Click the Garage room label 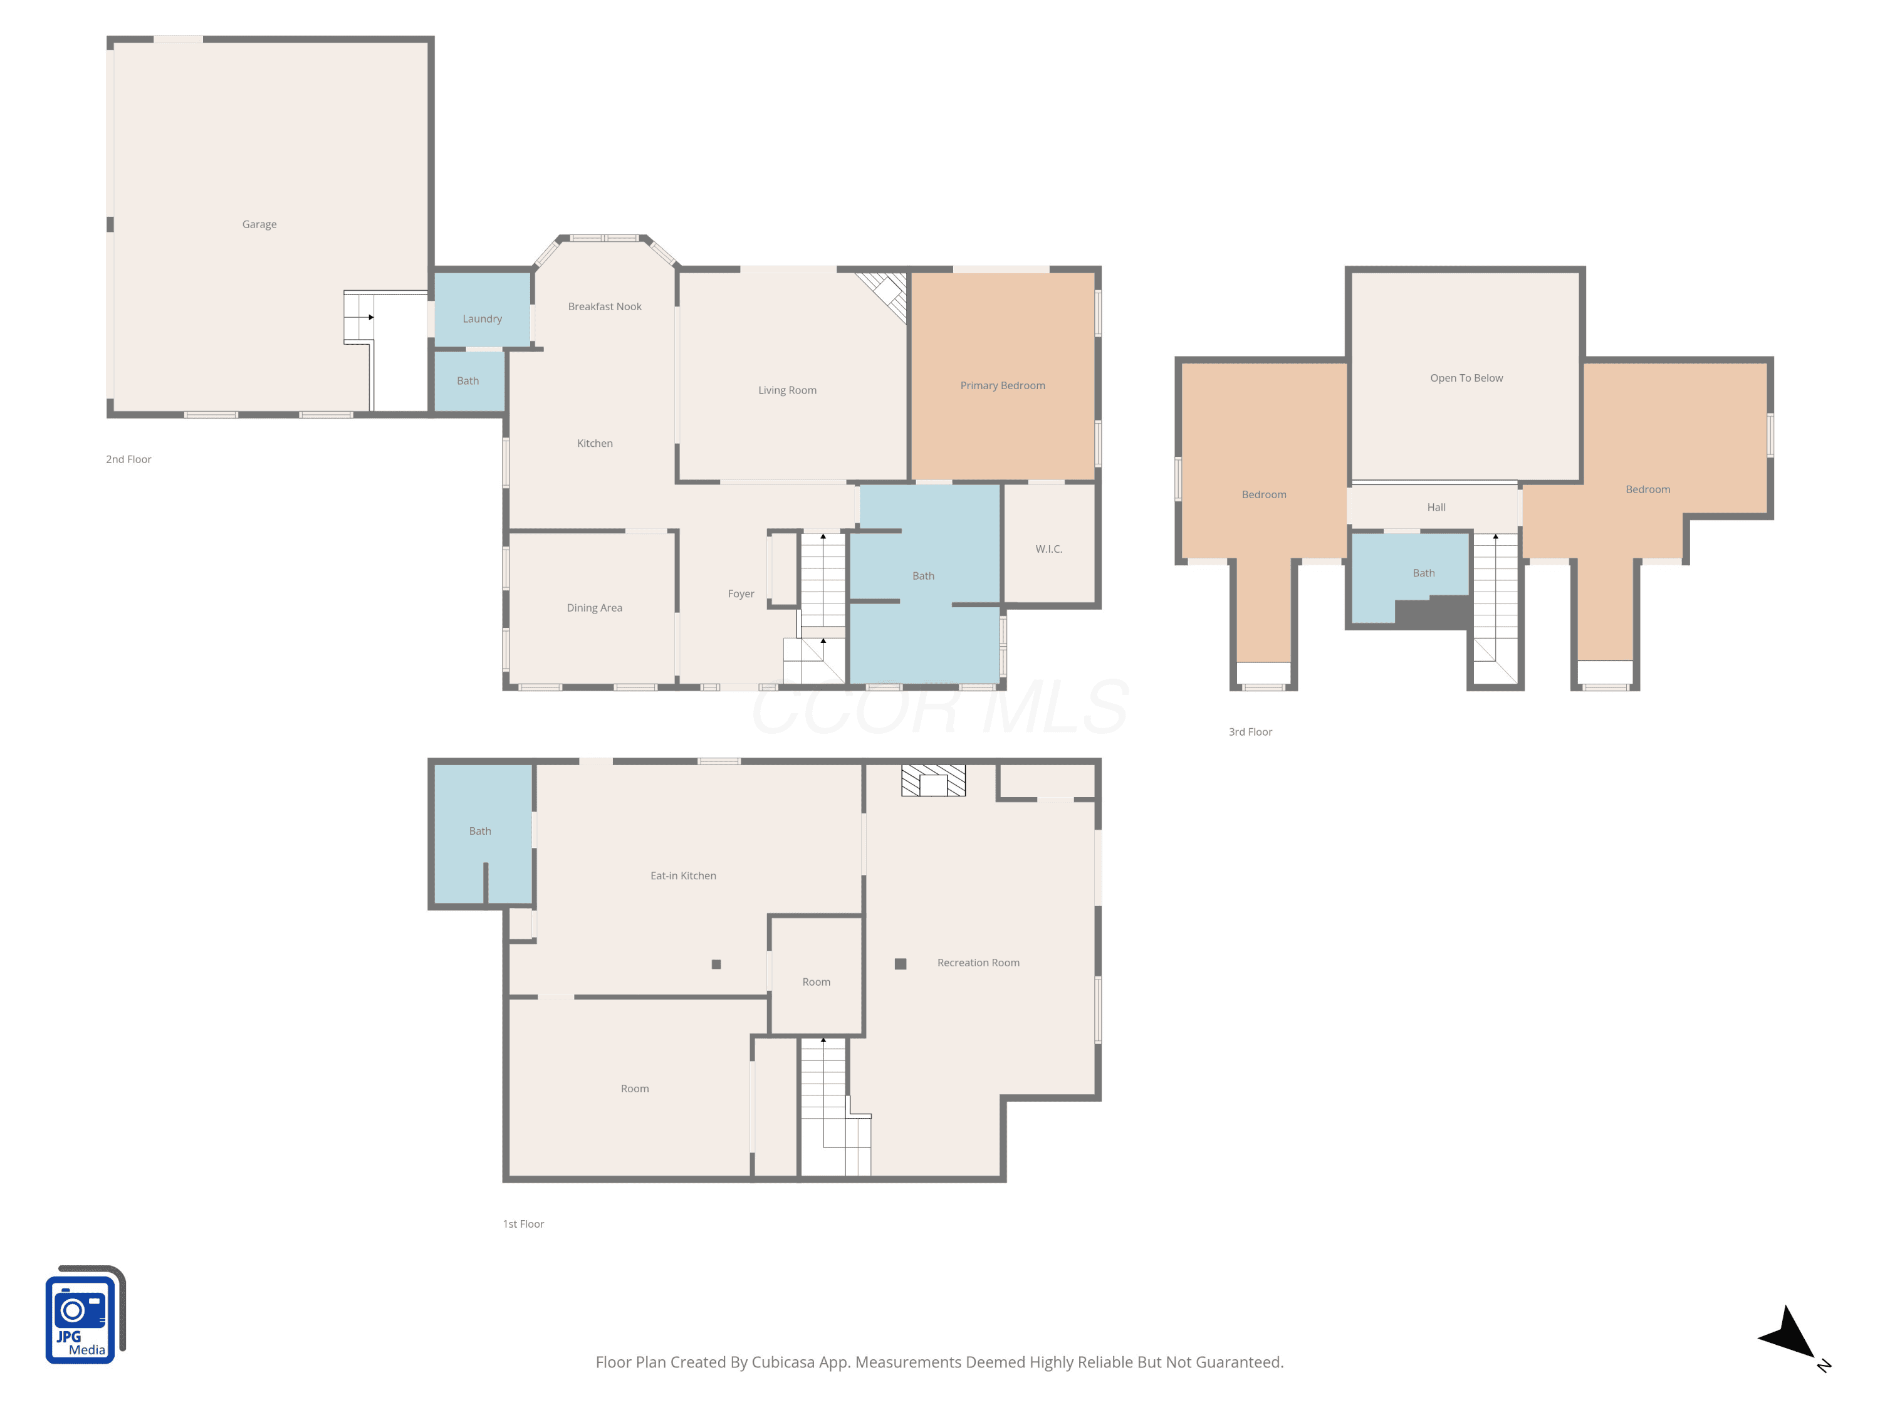(x=259, y=224)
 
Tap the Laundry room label (x=482, y=319)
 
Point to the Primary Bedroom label (x=1002, y=386)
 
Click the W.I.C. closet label (x=1049, y=549)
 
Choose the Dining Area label (x=594, y=608)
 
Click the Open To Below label (x=1466, y=379)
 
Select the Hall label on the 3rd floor (x=1436, y=508)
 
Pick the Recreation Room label (x=978, y=963)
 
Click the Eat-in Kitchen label (x=682, y=875)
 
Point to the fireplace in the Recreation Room (x=933, y=780)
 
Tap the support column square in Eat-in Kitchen (x=716, y=964)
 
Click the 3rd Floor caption (x=1250, y=732)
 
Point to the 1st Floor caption (x=523, y=1224)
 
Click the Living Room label (x=787, y=391)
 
